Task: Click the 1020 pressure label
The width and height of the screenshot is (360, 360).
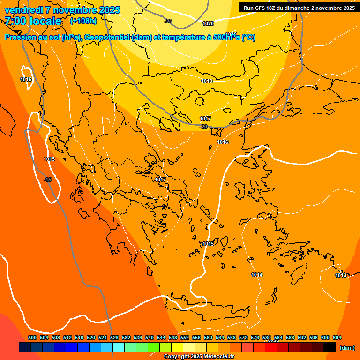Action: click(208, 23)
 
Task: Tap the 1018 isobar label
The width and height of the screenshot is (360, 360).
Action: click(207, 81)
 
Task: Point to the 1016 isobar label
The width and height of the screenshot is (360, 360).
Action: click(223, 142)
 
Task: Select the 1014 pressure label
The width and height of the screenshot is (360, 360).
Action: click(257, 275)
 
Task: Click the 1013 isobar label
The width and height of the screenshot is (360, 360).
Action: click(341, 275)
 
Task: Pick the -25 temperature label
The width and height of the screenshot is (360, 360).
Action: click(168, 21)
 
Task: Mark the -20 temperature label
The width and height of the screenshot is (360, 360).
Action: click(203, 127)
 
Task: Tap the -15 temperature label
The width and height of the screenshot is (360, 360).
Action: click(47, 180)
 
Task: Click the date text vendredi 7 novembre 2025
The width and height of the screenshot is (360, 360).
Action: click(62, 10)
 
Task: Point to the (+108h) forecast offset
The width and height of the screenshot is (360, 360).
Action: click(83, 21)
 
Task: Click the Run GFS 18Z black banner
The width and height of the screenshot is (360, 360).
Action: click(299, 7)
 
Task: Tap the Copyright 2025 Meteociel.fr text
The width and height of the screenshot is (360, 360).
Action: click(199, 357)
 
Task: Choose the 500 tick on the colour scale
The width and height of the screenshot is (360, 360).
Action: click(32, 337)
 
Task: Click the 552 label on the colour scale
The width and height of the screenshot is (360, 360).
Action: click(185, 337)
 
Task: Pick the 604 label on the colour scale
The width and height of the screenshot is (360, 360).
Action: click(337, 337)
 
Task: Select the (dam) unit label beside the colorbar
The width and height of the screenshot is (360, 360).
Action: click(347, 348)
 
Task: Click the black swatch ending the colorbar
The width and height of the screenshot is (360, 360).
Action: click(330, 347)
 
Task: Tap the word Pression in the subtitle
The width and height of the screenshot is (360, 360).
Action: click(19, 37)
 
